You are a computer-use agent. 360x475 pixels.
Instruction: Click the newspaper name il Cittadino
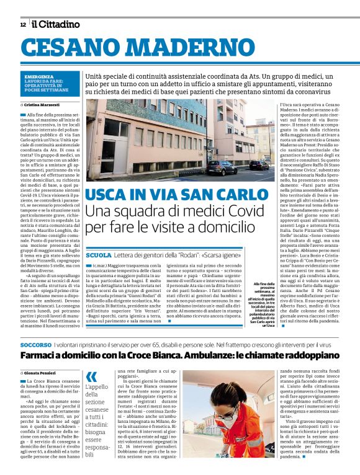56,24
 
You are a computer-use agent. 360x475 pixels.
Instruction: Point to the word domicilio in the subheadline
207,228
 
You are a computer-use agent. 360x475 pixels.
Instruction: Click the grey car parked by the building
222,168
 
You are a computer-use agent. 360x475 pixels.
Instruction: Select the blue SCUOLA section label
99,255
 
